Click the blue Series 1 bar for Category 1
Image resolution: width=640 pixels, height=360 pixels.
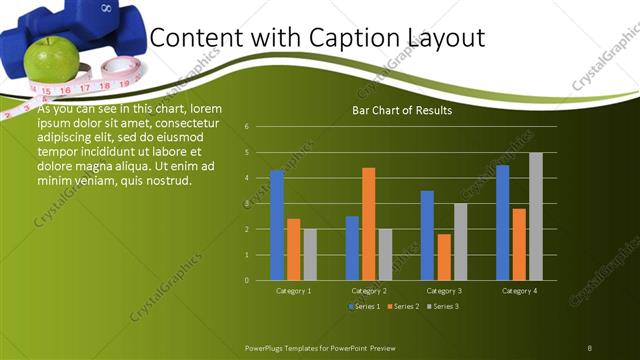277,225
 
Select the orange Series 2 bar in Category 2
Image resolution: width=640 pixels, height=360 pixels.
369,224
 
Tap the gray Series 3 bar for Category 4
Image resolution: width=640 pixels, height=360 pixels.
536,216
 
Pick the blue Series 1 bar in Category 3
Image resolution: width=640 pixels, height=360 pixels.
427,235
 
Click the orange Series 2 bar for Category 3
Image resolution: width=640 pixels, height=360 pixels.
444,257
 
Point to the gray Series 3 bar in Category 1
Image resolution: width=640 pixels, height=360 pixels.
310,254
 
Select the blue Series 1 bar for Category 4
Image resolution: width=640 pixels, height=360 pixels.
503,222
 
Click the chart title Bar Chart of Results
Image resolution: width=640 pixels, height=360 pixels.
402,110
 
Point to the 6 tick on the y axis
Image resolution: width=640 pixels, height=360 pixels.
247,127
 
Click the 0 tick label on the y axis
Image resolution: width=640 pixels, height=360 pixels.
247,280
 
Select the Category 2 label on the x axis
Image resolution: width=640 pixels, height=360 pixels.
369,291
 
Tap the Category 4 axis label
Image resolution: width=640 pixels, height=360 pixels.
520,291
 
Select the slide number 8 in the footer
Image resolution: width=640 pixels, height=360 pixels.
589,347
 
